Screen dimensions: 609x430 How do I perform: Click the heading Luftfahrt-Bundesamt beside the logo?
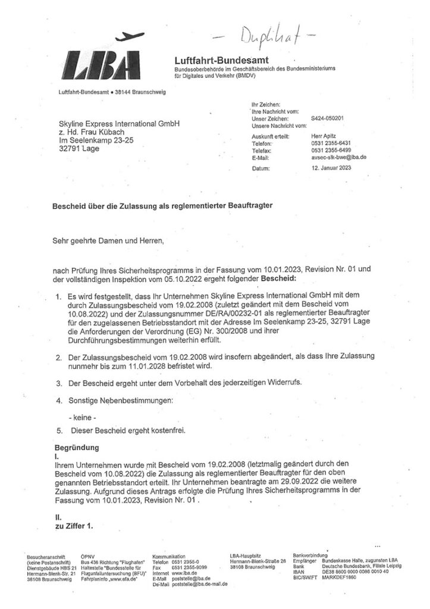pos(222,61)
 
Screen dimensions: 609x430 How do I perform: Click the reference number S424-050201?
pos(327,118)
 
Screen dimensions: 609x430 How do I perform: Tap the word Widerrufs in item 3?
pos(283,381)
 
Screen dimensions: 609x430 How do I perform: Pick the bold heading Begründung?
pos(76,446)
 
